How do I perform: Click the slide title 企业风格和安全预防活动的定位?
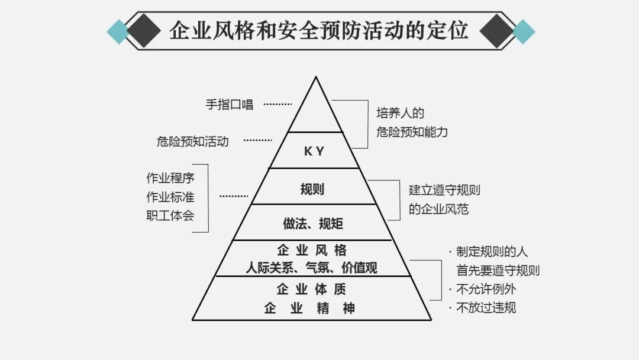(319, 30)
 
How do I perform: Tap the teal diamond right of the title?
(522, 31)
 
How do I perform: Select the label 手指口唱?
(229, 105)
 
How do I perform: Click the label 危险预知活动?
(192, 142)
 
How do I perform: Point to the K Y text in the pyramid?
(314, 152)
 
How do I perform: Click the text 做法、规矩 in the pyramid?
(313, 224)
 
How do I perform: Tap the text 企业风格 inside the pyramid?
(312, 249)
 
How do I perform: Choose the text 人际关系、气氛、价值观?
(312, 268)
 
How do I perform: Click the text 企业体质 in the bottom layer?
(312, 290)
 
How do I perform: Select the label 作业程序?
(170, 178)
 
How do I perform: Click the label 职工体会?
(170, 215)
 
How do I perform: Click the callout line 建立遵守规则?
(444, 191)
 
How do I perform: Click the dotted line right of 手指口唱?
(277, 104)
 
